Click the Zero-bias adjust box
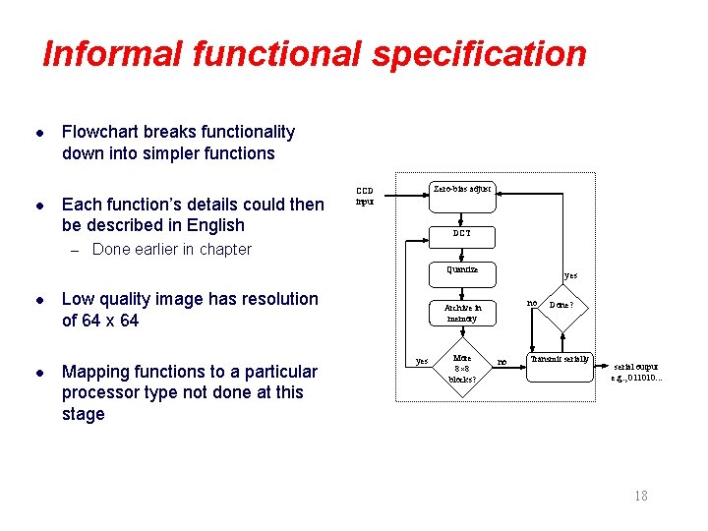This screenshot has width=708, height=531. click(x=461, y=189)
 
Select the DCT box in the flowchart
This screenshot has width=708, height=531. click(x=461, y=234)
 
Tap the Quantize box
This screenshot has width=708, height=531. click(x=461, y=269)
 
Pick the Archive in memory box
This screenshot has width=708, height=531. click(x=461, y=313)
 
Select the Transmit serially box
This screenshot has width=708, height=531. click(x=560, y=359)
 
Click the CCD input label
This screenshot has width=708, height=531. click(x=365, y=195)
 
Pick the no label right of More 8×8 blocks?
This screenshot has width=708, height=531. click(x=501, y=362)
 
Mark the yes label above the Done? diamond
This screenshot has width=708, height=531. click(x=570, y=276)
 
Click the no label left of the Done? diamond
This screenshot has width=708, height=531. click(x=532, y=303)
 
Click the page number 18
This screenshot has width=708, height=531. click(x=640, y=496)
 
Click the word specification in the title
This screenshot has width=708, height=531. click(x=479, y=54)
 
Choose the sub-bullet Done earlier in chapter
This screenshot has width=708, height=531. click(x=171, y=249)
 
